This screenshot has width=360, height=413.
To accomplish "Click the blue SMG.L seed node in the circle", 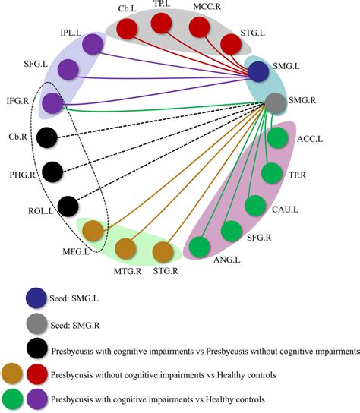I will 259,72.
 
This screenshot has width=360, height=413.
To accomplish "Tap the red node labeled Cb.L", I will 128,31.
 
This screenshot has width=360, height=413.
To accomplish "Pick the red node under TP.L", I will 163,24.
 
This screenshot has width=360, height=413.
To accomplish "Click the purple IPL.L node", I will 93,44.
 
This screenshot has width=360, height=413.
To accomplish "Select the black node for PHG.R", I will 52,172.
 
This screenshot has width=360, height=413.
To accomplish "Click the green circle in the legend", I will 14,397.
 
